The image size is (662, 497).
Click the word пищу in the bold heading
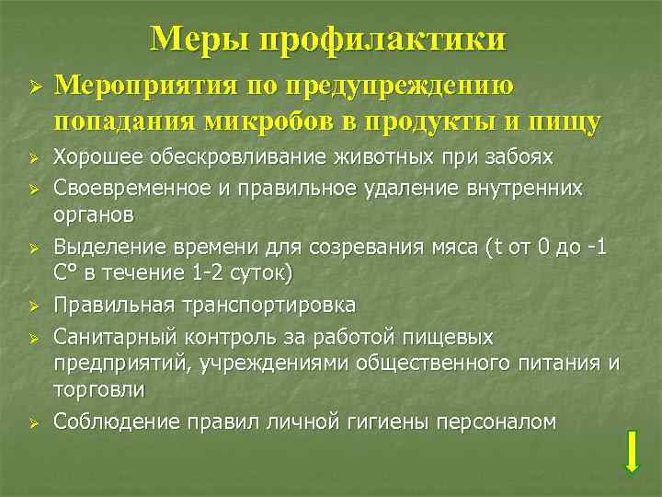(x=565, y=121)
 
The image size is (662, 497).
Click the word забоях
(x=521, y=157)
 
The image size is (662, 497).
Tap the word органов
(x=94, y=214)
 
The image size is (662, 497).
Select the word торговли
(x=99, y=389)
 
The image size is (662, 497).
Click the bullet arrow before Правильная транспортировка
(x=32, y=306)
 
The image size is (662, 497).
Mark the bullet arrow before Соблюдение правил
(x=32, y=422)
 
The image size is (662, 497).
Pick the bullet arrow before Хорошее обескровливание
(x=32, y=158)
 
